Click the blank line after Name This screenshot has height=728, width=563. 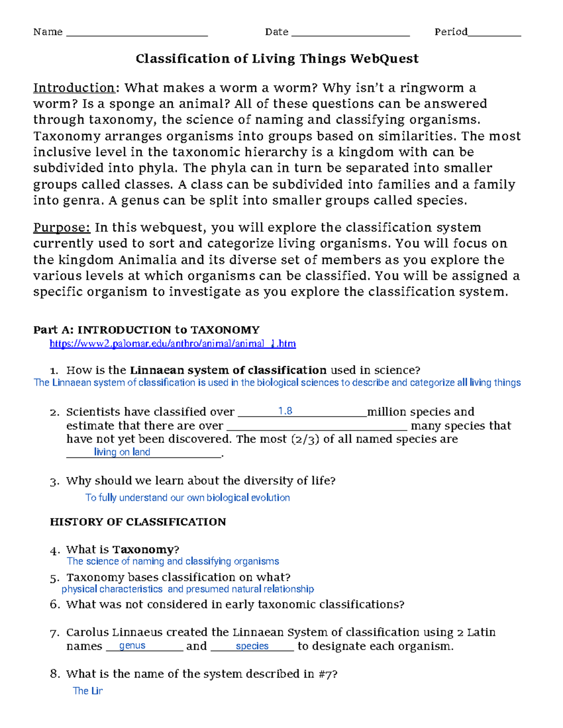tap(137, 34)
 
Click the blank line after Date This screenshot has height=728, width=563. tap(350, 34)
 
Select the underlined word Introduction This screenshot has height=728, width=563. tap(74, 88)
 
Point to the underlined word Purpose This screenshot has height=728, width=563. tap(61, 228)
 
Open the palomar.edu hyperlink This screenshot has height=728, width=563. tap(173, 344)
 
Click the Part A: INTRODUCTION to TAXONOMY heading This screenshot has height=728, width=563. tap(146, 330)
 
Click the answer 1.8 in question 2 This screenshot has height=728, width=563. tap(285, 411)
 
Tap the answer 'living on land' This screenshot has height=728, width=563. tap(122, 452)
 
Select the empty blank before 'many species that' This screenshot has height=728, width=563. tap(317, 428)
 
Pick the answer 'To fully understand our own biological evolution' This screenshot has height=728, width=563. tap(188, 498)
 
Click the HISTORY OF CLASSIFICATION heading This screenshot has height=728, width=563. tap(138, 522)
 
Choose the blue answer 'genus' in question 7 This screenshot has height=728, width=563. tap(132, 645)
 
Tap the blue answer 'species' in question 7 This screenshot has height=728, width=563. tap(252, 646)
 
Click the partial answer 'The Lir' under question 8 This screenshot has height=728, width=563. tap(88, 690)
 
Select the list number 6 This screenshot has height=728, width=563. tap(55, 605)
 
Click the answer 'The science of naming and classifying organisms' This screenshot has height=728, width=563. tap(173, 562)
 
